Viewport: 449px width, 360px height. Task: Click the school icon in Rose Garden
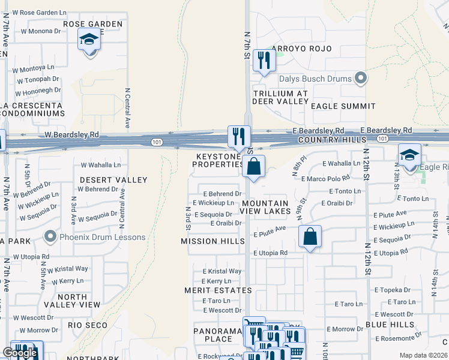[x=89, y=41]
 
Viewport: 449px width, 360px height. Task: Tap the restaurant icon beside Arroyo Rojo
[x=264, y=60]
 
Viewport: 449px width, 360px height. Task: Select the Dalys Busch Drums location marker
[x=360, y=78]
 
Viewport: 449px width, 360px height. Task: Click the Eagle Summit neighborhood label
[x=343, y=106]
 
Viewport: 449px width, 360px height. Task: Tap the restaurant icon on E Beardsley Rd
[x=238, y=136]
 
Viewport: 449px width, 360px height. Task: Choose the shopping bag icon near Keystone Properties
[x=254, y=166]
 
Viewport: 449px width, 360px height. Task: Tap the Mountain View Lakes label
[x=265, y=207]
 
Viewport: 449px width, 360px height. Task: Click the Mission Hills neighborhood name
[x=212, y=241]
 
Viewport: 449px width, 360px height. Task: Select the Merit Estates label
[x=218, y=290]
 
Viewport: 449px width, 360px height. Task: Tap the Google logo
[x=20, y=353]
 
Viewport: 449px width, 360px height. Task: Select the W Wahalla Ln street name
[x=100, y=164]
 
